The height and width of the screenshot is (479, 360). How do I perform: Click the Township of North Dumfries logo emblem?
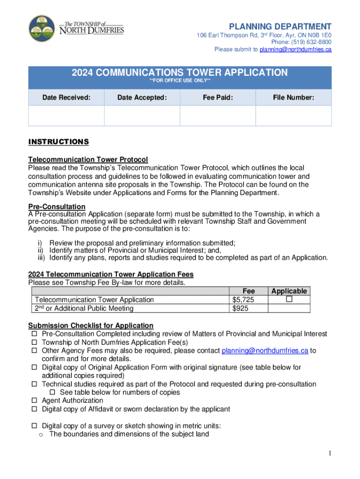tap(42, 29)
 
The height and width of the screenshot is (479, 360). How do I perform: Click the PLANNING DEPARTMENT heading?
tap(280, 26)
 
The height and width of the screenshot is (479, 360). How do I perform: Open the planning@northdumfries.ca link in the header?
tap(295, 49)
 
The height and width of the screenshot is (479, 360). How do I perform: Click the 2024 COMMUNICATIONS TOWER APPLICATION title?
tap(180, 73)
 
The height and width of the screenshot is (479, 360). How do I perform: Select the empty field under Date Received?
tap(66, 116)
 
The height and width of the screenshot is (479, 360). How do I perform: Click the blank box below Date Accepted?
tap(142, 116)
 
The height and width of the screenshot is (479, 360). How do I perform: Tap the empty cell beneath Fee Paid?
tap(217, 116)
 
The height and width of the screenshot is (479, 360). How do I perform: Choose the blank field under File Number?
tap(293, 116)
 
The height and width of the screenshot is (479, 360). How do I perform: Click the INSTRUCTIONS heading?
tap(58, 142)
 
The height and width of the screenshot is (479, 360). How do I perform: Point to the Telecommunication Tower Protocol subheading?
tap(88, 160)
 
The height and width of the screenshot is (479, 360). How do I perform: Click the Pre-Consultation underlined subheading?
tap(57, 207)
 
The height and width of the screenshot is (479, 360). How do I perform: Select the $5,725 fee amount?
tap(243, 300)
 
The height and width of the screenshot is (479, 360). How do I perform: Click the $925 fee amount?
tap(240, 308)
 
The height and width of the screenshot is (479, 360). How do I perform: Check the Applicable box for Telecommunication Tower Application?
tap(289, 299)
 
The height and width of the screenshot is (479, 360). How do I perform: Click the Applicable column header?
tap(289, 291)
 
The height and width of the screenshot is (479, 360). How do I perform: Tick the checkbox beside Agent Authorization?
tap(34, 401)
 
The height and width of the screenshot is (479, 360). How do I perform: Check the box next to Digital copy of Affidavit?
tap(34, 409)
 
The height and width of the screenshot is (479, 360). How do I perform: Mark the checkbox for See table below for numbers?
tap(52, 392)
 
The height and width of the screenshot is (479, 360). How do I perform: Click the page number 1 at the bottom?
tap(330, 453)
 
